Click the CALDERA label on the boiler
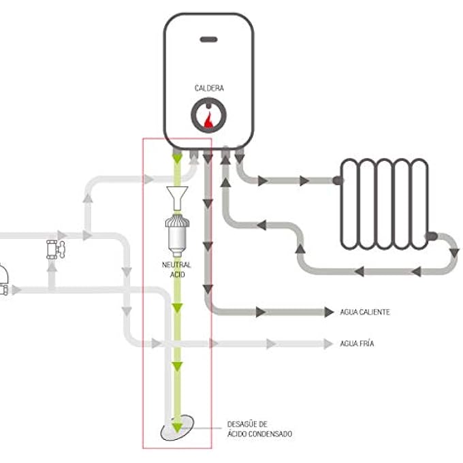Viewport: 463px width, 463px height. pyautogui.click(x=208, y=89)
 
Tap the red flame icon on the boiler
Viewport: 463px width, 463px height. pyautogui.click(x=208, y=120)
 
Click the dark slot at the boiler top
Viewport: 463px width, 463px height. pyautogui.click(x=208, y=39)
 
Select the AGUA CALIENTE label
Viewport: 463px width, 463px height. pyautogui.click(x=365, y=312)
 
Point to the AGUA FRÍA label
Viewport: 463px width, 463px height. pyautogui.click(x=357, y=344)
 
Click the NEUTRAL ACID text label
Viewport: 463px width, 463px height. pyautogui.click(x=176, y=268)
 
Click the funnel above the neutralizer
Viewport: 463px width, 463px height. pyautogui.click(x=177, y=197)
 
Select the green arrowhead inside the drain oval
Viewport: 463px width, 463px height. pyautogui.click(x=177, y=428)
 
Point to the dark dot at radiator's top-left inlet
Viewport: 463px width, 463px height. pyautogui.click(x=338, y=181)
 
